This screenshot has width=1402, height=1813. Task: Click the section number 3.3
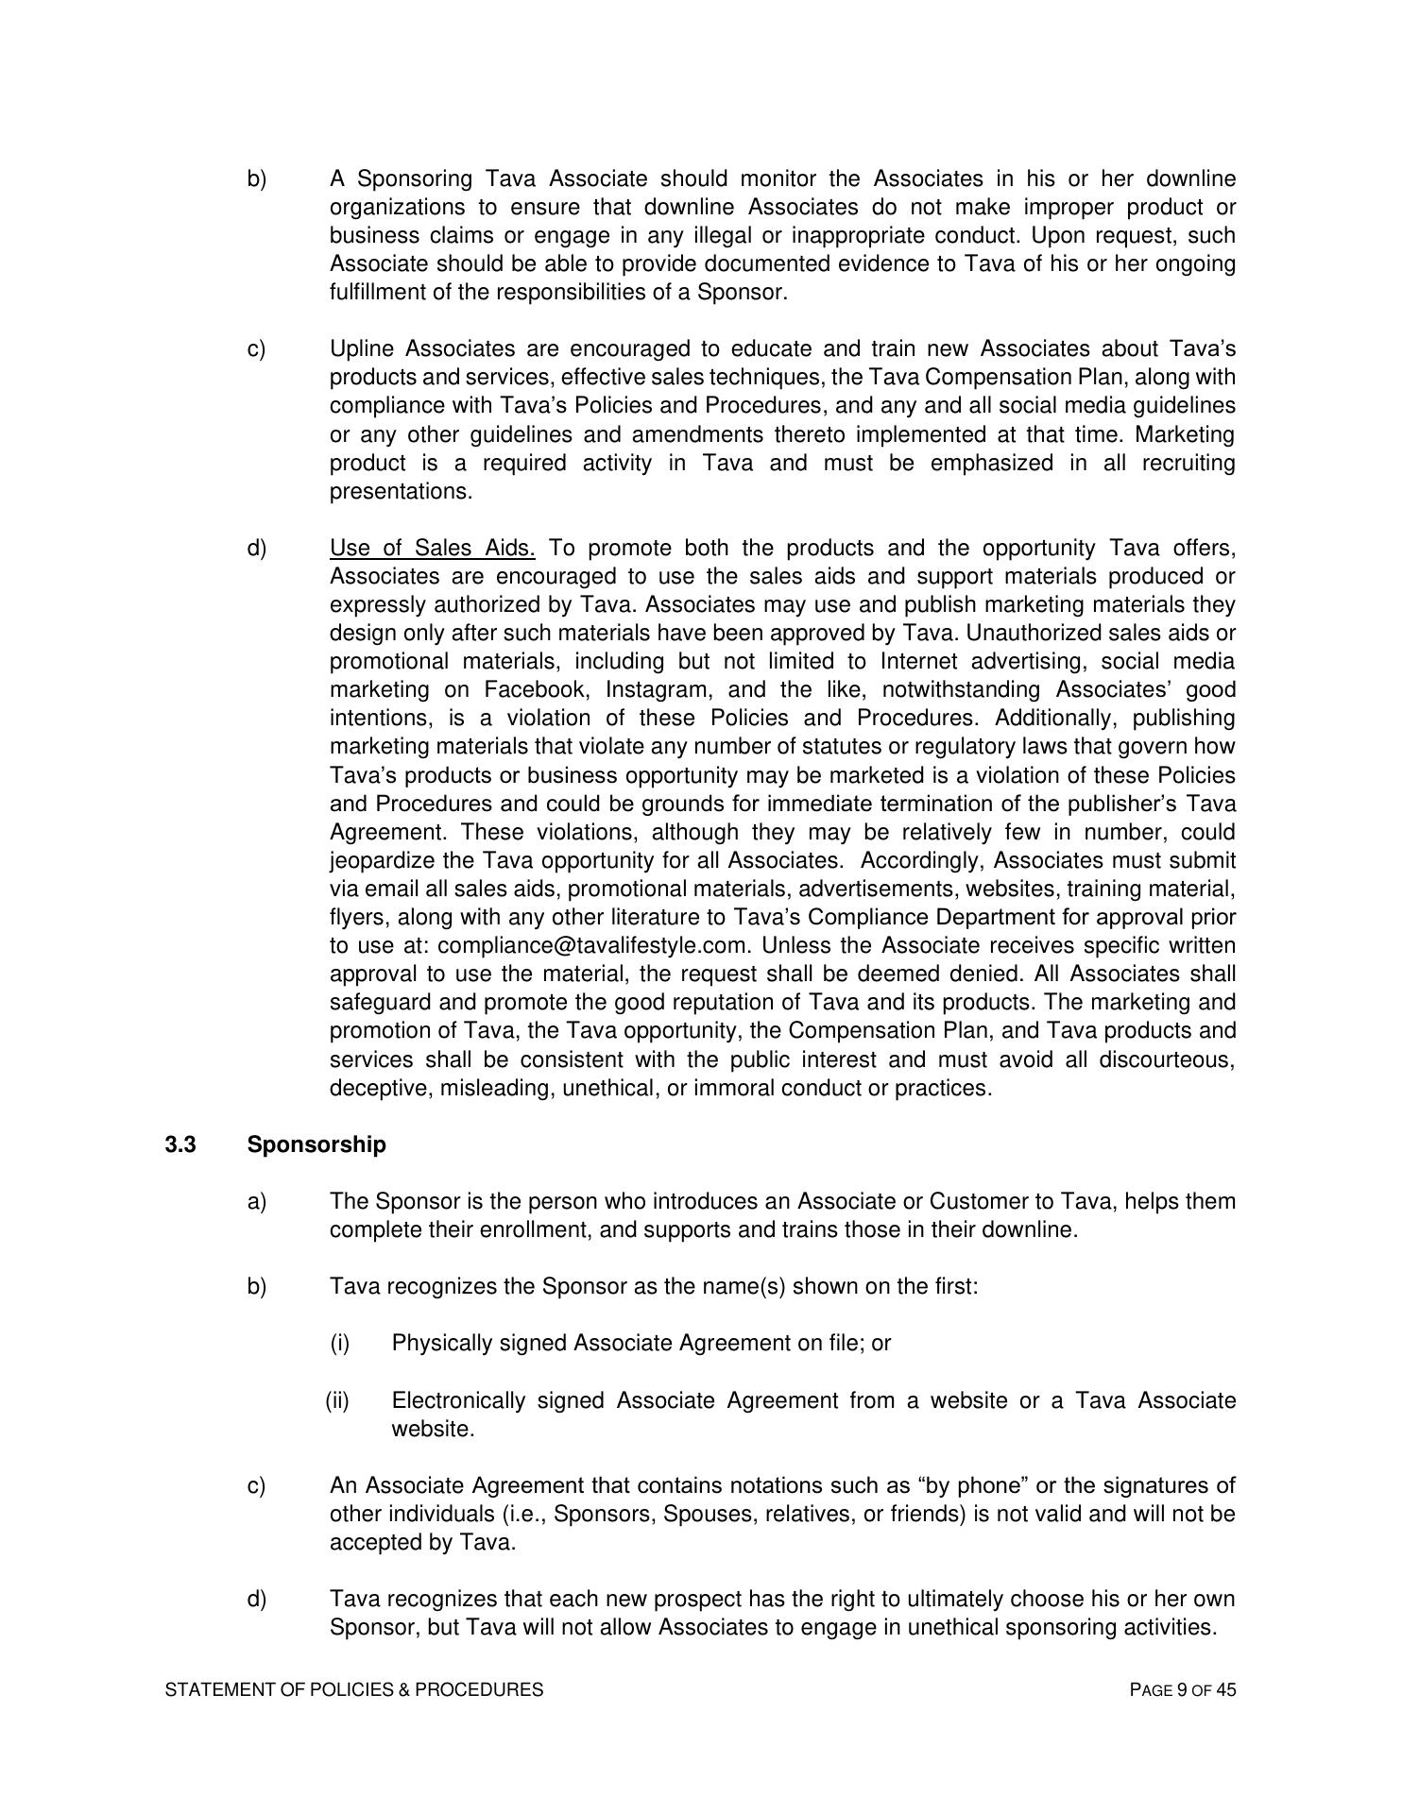coord(180,1144)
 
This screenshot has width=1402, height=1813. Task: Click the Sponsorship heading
coord(316,1144)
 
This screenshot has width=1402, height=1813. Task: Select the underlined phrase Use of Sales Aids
coord(432,548)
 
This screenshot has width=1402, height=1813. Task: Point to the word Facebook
coord(535,689)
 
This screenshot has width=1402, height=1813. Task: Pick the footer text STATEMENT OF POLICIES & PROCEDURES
coord(354,1689)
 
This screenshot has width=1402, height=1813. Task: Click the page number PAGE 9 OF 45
coord(1182,1689)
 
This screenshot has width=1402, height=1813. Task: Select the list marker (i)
coord(339,1343)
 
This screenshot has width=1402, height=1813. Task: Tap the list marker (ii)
coord(337,1400)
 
